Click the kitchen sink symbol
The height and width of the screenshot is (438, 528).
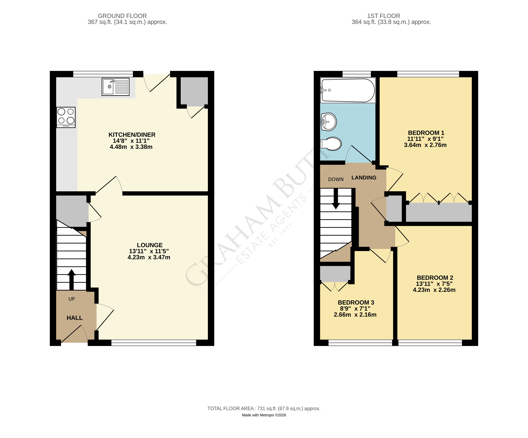click(x=115, y=87)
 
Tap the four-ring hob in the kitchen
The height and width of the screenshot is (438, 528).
click(x=66, y=117)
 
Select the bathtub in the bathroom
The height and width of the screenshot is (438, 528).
click(x=348, y=90)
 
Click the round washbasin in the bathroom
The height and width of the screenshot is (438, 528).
click(x=329, y=122)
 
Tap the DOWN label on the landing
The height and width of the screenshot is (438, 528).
click(x=336, y=179)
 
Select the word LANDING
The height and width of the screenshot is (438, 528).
click(x=364, y=178)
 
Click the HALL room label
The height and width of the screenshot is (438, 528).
click(x=74, y=318)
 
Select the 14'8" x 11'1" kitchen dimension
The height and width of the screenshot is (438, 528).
click(x=131, y=141)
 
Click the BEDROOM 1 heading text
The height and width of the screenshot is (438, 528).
click(x=426, y=133)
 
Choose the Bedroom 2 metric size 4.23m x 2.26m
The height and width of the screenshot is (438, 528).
click(x=434, y=290)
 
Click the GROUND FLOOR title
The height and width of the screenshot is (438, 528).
click(x=122, y=16)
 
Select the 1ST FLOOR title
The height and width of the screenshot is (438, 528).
click(x=383, y=16)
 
